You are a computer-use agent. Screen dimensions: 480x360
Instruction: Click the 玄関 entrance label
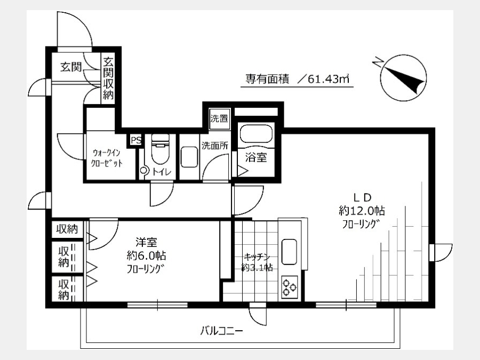[x=71, y=67]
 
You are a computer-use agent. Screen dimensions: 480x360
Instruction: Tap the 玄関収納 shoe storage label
[x=108, y=79]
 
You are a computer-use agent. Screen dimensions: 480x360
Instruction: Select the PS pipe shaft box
[x=136, y=140]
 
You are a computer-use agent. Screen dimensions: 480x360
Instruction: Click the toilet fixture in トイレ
[x=160, y=150]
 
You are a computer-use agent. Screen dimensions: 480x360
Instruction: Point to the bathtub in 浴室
[x=256, y=133]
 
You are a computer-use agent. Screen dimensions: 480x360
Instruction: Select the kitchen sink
[x=289, y=251]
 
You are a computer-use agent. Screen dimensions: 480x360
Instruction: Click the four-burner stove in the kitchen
[x=289, y=287]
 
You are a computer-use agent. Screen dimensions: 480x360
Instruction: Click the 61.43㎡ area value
[x=329, y=79]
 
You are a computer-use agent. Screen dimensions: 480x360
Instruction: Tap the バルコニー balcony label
[x=222, y=331]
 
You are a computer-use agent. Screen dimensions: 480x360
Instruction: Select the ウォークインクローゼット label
[x=107, y=157]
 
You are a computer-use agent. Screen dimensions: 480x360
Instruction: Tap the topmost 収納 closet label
[x=67, y=228]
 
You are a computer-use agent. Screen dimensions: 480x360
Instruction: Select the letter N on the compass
[x=378, y=62]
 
